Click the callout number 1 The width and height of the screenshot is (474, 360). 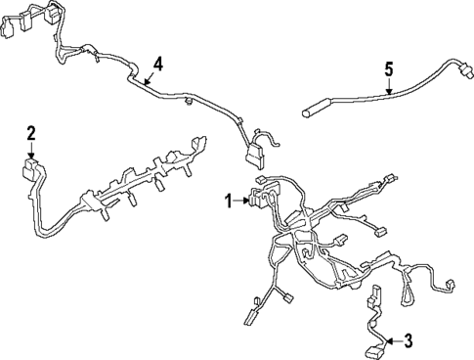tap(228, 202)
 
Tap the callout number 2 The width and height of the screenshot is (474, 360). tap(31, 132)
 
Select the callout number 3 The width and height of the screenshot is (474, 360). tap(409, 340)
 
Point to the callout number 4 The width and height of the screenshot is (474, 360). tap(158, 65)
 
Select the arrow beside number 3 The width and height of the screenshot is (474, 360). tap(393, 340)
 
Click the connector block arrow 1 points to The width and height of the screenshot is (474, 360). tap(261, 200)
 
